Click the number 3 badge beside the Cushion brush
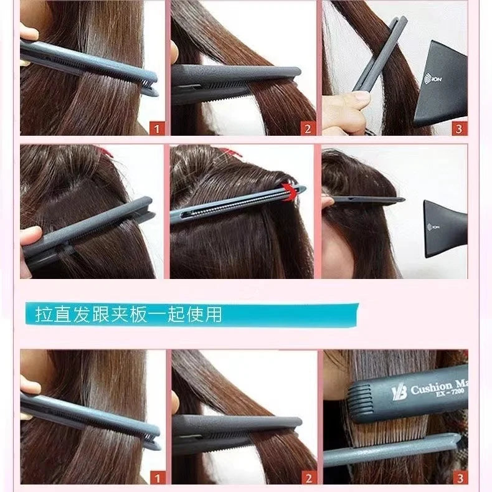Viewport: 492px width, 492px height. tap(459, 478)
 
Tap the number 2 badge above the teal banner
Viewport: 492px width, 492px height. tap(306, 129)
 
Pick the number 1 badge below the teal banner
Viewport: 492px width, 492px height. tap(158, 478)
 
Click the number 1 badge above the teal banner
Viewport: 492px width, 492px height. tap(158, 129)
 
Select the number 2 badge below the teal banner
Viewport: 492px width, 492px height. tap(306, 478)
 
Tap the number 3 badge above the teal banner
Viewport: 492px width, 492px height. tap(459, 129)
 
